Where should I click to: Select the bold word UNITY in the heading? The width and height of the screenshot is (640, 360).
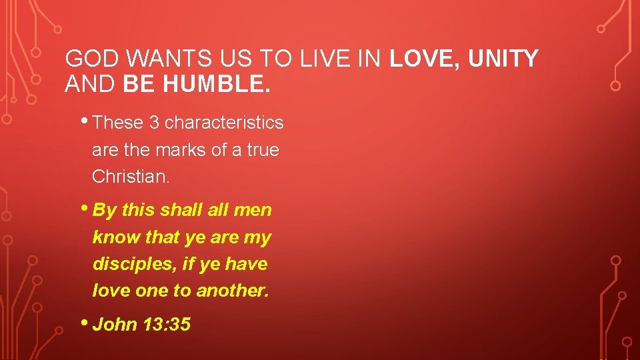click(x=503, y=59)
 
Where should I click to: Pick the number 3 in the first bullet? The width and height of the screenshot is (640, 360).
click(x=153, y=123)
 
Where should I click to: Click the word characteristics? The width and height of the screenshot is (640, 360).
click(x=224, y=123)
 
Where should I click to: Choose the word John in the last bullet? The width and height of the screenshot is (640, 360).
click(x=115, y=325)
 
